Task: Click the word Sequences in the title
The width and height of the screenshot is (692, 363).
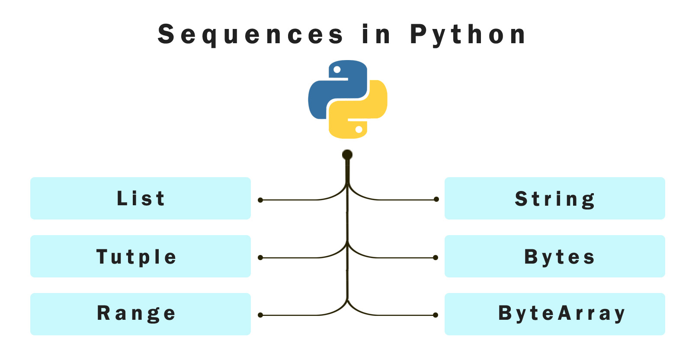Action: tap(250, 35)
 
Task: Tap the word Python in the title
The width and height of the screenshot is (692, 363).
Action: tap(468, 35)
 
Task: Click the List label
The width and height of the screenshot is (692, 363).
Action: tap(141, 198)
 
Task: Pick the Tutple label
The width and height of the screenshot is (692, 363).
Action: tap(136, 257)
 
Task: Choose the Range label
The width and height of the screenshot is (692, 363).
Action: tap(136, 314)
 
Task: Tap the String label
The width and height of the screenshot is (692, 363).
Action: tap(555, 199)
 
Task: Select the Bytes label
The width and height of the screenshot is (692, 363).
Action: tap(559, 257)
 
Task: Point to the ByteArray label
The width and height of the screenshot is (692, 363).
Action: tap(562, 314)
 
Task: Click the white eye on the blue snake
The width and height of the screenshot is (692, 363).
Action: tap(337, 70)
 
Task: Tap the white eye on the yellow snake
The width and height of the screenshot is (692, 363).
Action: tap(359, 129)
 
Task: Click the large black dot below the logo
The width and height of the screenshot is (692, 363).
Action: tap(347, 155)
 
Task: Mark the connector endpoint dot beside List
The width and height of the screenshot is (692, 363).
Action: tap(260, 201)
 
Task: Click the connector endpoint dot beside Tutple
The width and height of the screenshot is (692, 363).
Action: tap(260, 258)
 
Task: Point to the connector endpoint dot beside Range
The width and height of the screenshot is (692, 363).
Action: tap(260, 315)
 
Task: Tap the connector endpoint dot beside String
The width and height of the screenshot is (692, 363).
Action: tap(436, 199)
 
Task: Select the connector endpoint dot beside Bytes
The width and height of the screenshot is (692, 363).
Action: tap(436, 258)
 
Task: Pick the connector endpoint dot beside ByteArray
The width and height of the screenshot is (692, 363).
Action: tap(436, 315)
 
